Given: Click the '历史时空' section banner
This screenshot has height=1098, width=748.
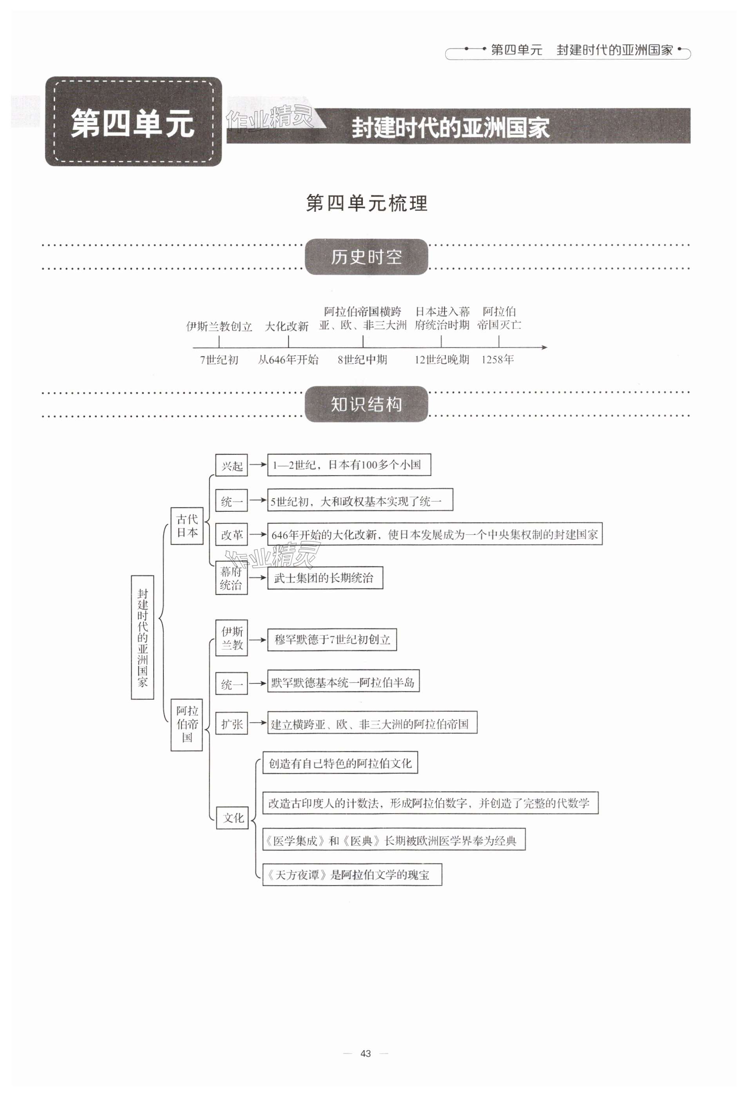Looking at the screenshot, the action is tap(366, 256).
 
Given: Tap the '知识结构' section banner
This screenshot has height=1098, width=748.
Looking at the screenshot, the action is tap(366, 404).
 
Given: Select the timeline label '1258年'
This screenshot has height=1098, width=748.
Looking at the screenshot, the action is tap(497, 360).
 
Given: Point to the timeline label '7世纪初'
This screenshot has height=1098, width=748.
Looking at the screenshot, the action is tap(219, 360).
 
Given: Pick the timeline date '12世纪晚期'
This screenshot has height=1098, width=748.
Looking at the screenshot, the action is tap(442, 360).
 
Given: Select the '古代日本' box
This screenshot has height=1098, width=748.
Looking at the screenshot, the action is tap(187, 526).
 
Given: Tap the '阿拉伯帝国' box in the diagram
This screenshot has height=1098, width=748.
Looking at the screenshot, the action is tap(187, 724).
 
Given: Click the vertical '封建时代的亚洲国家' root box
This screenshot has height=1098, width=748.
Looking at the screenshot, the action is tap(143, 637).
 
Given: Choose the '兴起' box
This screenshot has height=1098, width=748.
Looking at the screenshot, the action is tap(232, 465).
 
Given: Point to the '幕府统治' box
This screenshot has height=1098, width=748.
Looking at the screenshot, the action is tap(232, 578).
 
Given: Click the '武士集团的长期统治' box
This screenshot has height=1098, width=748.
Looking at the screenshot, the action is tap(324, 578).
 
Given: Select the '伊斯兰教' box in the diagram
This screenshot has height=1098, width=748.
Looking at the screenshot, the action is tap(232, 638).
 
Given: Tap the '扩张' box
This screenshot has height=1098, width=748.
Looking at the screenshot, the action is tap(232, 724).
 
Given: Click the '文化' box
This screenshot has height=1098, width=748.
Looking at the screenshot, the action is tap(233, 818).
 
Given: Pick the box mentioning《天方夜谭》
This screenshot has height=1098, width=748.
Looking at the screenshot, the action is tap(352, 874).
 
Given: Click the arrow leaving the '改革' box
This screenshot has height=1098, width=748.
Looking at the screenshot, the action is tap(257, 534).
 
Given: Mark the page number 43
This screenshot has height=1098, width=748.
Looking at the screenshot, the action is tap(366, 1053).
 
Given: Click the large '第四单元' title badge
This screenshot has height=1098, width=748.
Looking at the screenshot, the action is tap(133, 122).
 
